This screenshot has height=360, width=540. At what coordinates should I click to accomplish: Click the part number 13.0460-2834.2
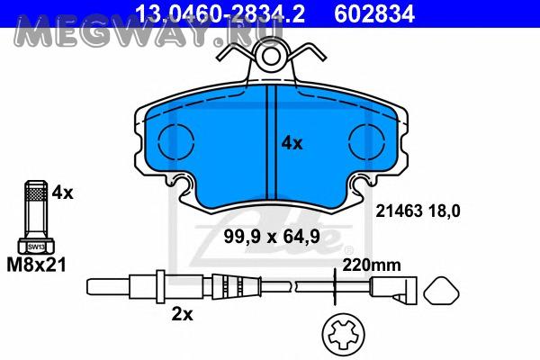point(220,13)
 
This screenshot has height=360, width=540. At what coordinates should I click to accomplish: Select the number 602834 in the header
point(374,13)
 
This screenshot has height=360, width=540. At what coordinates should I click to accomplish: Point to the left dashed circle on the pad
point(176,140)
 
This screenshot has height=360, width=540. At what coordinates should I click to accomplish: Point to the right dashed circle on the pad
point(366,140)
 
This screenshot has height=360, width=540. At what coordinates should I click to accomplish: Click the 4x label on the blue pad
point(292,143)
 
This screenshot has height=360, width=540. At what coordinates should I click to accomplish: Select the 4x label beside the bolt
point(63,193)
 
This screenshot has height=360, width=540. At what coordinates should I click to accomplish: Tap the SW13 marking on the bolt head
point(36,247)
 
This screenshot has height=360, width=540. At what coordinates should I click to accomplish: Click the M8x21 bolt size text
point(36,265)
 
